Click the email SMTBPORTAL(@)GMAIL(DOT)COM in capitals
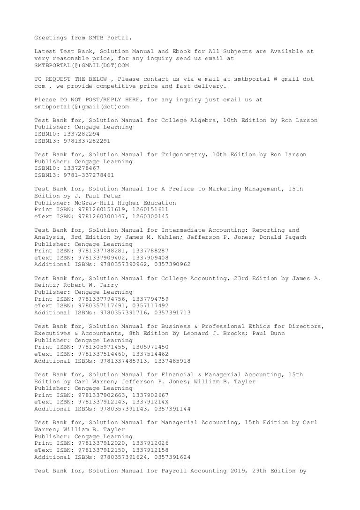click(x=82, y=65)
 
